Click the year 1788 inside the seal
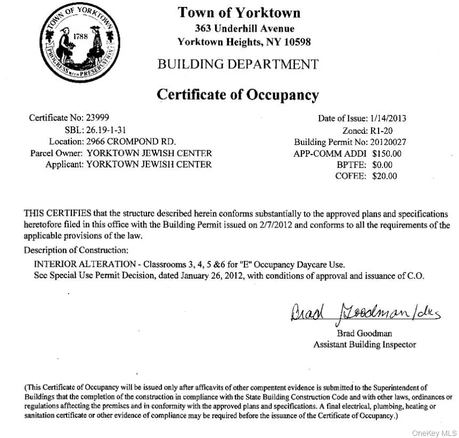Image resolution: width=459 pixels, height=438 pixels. tap(80, 37)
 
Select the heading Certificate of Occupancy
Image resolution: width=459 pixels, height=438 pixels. tap(237, 95)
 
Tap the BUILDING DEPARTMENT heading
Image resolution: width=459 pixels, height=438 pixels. tap(237, 64)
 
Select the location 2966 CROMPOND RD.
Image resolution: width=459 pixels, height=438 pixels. tap(131, 142)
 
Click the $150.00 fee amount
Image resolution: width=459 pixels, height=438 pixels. tap(387, 153)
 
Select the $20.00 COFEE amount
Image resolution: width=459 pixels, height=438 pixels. tap(384, 176)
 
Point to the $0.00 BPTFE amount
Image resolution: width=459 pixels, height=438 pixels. tap(382, 165)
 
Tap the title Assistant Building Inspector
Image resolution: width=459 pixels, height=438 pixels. tap(364, 344)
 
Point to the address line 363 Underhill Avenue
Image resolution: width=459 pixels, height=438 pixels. tap(244, 29)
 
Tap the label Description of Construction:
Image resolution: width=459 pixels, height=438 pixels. tap(76, 250)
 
